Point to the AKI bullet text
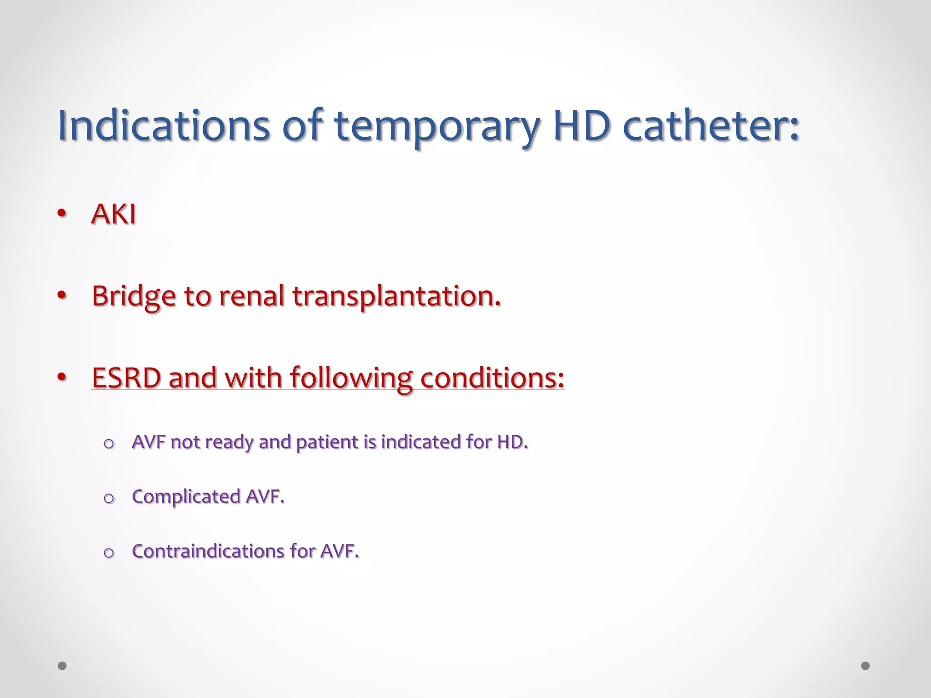114,214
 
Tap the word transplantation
396,296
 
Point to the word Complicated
186,497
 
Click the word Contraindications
208,551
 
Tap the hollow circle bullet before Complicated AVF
109,499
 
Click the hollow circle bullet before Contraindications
109,553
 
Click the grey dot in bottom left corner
62,666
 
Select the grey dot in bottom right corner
866,666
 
